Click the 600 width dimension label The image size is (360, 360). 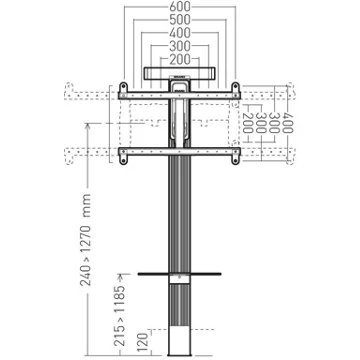(x=180, y=6)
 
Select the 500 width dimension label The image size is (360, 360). (x=180, y=20)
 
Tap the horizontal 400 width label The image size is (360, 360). (x=180, y=33)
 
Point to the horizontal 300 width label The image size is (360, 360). (x=180, y=46)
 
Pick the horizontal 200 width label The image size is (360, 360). (x=180, y=59)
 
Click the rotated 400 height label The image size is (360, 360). (x=286, y=122)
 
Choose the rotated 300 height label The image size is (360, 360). (x=273, y=122)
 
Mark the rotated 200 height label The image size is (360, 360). (x=247, y=122)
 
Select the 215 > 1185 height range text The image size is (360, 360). (x=122, y=311)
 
